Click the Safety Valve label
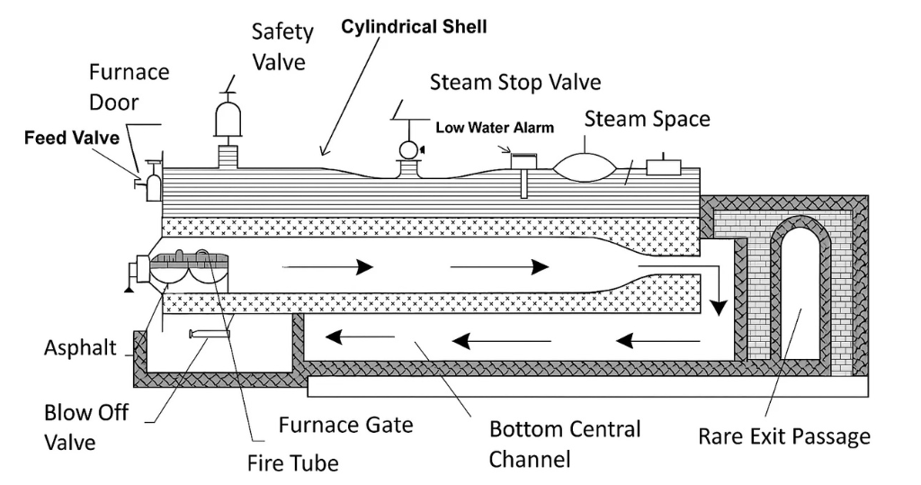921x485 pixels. coord(282,47)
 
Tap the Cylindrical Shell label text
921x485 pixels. coord(414,27)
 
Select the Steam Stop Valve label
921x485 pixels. coord(514,83)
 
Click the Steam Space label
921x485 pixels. coord(647,119)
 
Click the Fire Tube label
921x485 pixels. coord(292,464)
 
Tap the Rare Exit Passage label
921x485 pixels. coord(784,437)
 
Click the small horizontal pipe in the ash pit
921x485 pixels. coord(209,334)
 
